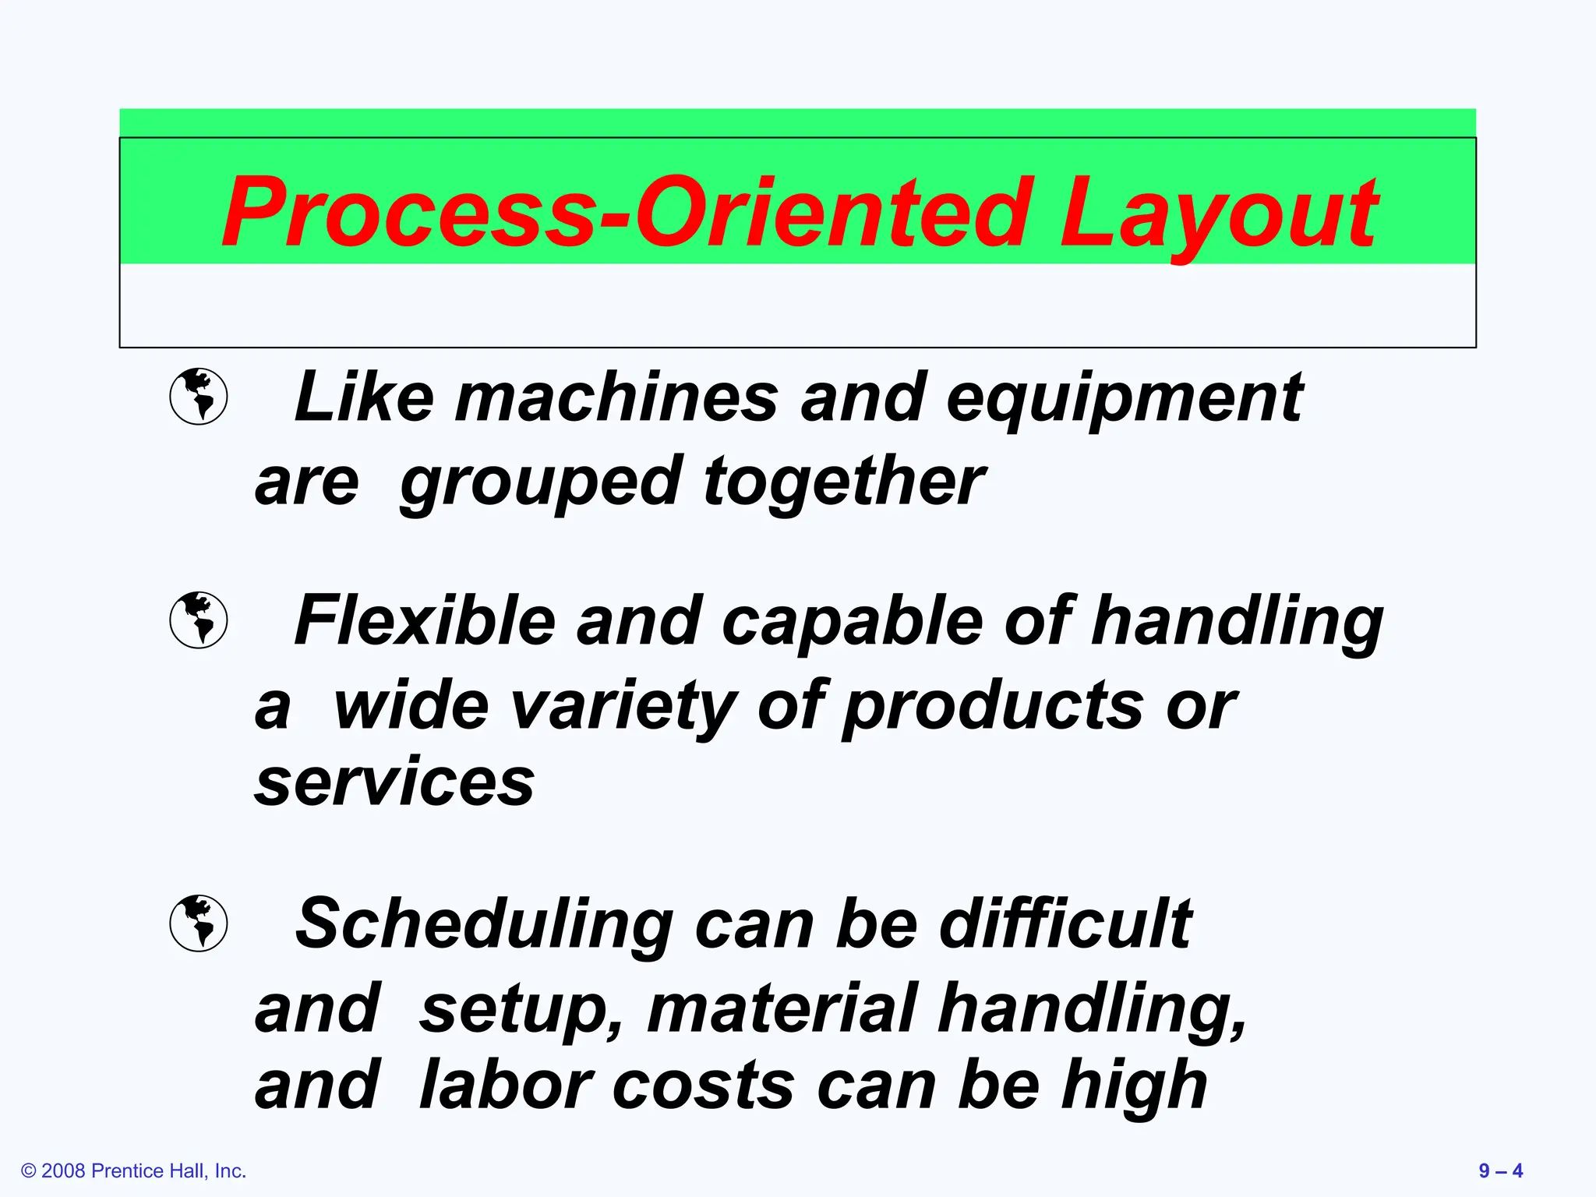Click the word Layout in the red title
tap(1217, 212)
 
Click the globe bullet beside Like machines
tap(199, 396)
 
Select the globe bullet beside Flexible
tap(199, 620)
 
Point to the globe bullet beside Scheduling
tap(199, 923)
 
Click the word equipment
tap(1125, 399)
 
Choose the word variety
tap(623, 707)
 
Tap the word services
tap(394, 782)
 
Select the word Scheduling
tap(484, 925)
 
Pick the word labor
tap(506, 1085)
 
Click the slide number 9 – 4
tap(1500, 1171)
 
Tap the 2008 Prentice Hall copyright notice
tap(134, 1171)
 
